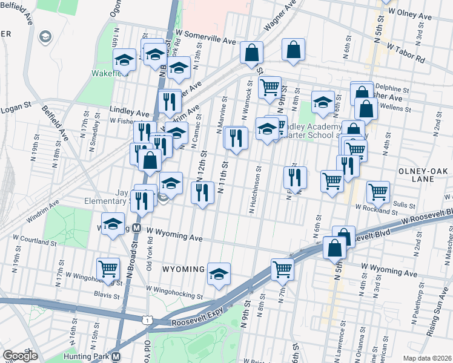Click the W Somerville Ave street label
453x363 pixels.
point(205,40)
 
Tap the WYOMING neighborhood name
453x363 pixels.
point(184,268)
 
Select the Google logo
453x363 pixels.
point(20,356)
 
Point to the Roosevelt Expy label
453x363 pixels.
point(194,322)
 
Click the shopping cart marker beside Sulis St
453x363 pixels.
point(378,192)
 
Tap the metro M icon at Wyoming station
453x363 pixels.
point(136,229)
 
